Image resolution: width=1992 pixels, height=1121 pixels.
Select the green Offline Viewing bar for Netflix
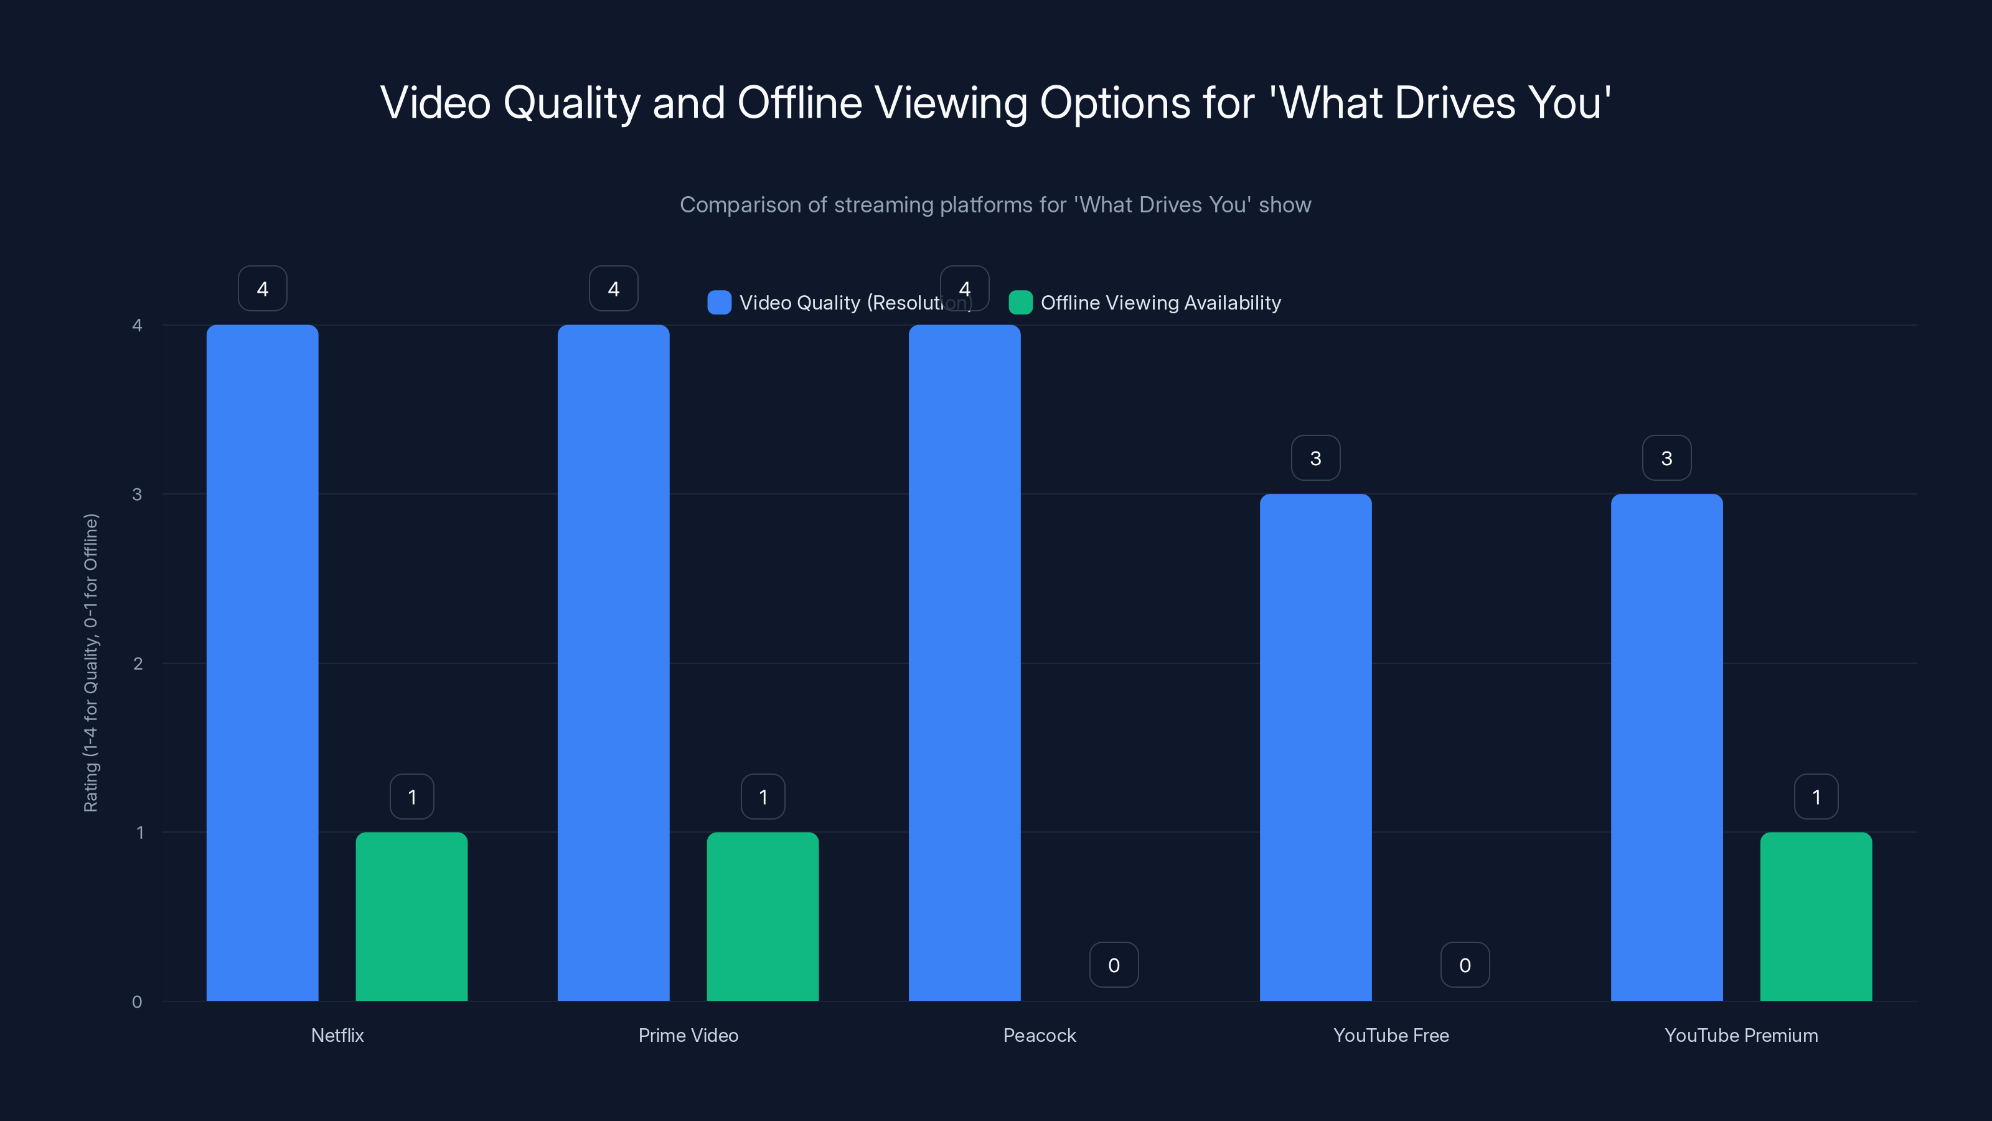tap(411, 916)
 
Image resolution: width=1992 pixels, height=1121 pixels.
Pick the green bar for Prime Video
tap(763, 916)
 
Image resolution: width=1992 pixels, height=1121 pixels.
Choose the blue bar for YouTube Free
tap(1315, 747)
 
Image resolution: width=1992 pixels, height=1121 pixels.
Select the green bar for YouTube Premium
tap(1816, 916)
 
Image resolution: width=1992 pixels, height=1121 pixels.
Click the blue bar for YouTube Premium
tap(1666, 747)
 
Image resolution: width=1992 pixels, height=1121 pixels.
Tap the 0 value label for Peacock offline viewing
tap(1114, 965)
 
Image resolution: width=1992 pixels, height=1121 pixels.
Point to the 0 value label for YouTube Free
tap(1465, 965)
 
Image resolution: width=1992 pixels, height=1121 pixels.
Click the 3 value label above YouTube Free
tap(1315, 458)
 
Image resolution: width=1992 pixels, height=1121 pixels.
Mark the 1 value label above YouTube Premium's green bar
tap(1816, 797)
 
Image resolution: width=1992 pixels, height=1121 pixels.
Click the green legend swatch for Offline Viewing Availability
tap(1021, 303)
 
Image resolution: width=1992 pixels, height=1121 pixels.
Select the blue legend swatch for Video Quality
tap(719, 303)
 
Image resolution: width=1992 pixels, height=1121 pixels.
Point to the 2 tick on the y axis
tap(138, 664)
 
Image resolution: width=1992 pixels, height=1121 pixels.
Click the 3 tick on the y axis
tap(138, 494)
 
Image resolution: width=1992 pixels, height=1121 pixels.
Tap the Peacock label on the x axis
tap(1040, 1035)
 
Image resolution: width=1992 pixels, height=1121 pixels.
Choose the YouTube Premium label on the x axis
tap(1741, 1035)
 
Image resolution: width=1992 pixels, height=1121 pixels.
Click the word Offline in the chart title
tap(799, 103)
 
